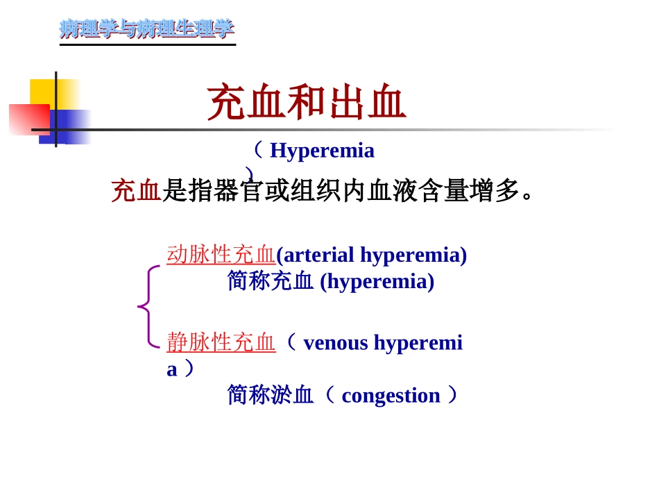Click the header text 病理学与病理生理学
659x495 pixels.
pos(146,28)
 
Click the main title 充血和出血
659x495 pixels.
pos(306,102)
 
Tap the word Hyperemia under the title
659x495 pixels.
pos(322,150)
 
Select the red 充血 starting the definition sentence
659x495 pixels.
pos(136,190)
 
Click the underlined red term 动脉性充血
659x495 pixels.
pos(221,254)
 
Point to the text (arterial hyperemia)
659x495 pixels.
pos(371,254)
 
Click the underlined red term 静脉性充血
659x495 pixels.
pos(221,342)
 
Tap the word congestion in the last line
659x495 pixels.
pos(391,395)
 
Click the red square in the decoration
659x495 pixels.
pos(28,119)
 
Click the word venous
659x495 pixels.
pos(336,342)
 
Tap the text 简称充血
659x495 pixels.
pos(270,281)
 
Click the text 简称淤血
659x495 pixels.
pos(270,395)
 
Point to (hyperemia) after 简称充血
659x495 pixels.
pos(377,281)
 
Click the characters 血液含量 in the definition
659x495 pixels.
pos(393,190)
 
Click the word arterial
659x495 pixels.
pos(319,254)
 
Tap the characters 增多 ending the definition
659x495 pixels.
pos(495,190)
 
